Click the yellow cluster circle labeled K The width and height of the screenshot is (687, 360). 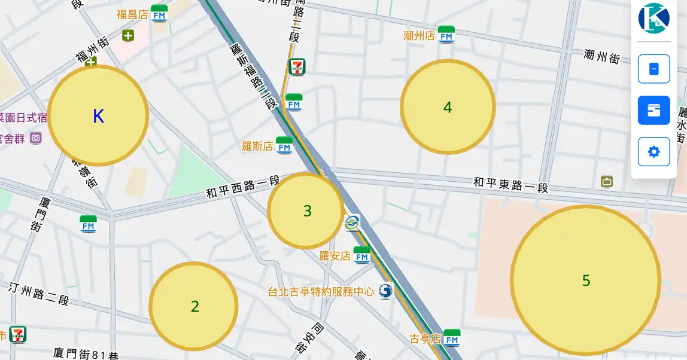pyautogui.click(x=98, y=115)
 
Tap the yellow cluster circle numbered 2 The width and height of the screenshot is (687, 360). pyautogui.click(x=193, y=306)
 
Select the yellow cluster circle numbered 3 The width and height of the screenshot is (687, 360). pyautogui.click(x=306, y=210)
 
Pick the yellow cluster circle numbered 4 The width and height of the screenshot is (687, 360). pyautogui.click(x=448, y=107)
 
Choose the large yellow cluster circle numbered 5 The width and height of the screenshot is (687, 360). pyautogui.click(x=585, y=280)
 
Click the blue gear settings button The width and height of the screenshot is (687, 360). pyautogui.click(x=653, y=152)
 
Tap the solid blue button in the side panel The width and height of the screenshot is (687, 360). pyautogui.click(x=653, y=110)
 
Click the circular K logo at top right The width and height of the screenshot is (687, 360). pyautogui.click(x=653, y=18)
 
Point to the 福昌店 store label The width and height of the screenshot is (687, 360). pyautogui.click(x=132, y=14)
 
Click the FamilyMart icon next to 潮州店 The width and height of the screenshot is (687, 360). pyautogui.click(x=446, y=35)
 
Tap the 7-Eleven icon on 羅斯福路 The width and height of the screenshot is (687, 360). pyautogui.click(x=297, y=66)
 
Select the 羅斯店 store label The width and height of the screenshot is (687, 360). pyautogui.click(x=257, y=146)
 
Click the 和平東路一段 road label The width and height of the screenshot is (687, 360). pyautogui.click(x=510, y=184)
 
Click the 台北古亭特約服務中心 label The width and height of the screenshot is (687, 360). pyautogui.click(x=321, y=292)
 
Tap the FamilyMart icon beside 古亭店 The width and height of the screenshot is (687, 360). pyautogui.click(x=452, y=338)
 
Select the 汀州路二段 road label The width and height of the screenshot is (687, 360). pyautogui.click(x=39, y=294)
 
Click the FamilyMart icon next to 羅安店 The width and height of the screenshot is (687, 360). pyautogui.click(x=362, y=255)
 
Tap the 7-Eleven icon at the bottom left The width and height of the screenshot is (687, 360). pyautogui.click(x=17, y=334)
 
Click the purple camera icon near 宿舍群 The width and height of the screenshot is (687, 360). pyautogui.click(x=36, y=138)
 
